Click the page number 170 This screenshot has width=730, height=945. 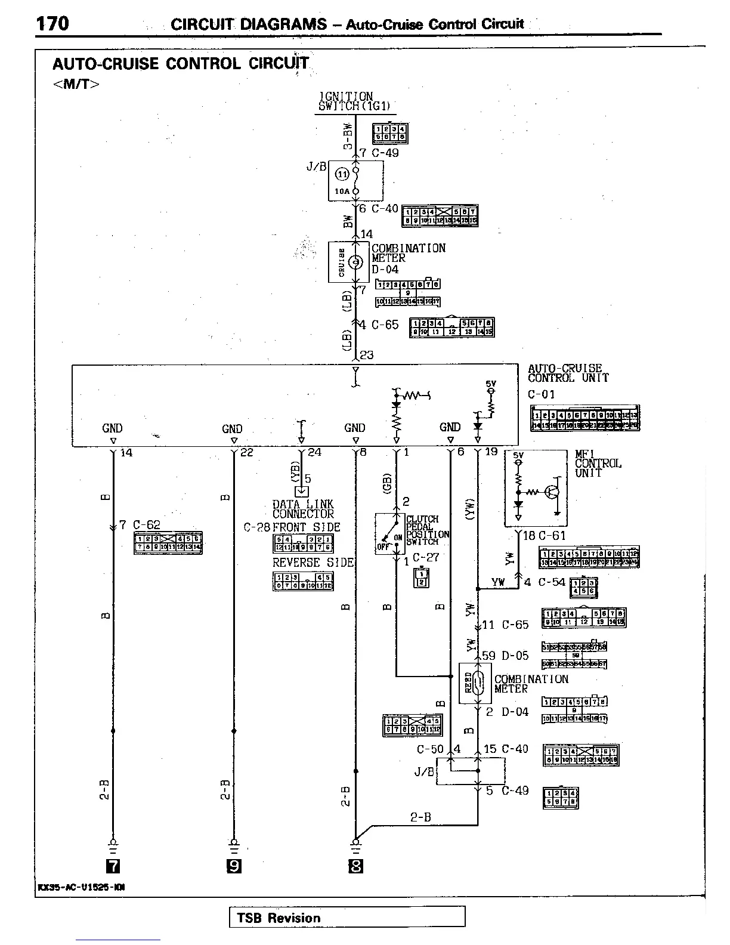click(x=52, y=23)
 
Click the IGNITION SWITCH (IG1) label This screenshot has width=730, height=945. click(x=354, y=101)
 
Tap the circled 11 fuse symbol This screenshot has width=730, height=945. click(x=342, y=174)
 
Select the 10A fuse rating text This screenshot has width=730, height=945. click(x=341, y=192)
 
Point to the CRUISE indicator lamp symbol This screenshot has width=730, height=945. click(x=355, y=262)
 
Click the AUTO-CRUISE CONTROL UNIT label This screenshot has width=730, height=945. click(x=567, y=373)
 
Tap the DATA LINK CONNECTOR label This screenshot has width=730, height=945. click(x=303, y=509)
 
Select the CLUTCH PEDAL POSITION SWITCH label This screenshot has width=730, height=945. click(x=427, y=530)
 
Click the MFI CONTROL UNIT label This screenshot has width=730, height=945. click(x=598, y=464)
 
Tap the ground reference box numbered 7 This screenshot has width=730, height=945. click(x=112, y=866)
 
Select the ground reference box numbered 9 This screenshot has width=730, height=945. click(x=234, y=866)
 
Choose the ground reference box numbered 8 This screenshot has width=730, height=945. click(x=355, y=866)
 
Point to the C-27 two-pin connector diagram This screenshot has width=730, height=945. click(x=421, y=577)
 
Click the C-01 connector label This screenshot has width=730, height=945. click(x=542, y=394)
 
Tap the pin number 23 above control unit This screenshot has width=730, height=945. click(x=367, y=355)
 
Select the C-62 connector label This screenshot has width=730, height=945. click(x=147, y=525)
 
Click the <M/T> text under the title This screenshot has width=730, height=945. click(x=76, y=84)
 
